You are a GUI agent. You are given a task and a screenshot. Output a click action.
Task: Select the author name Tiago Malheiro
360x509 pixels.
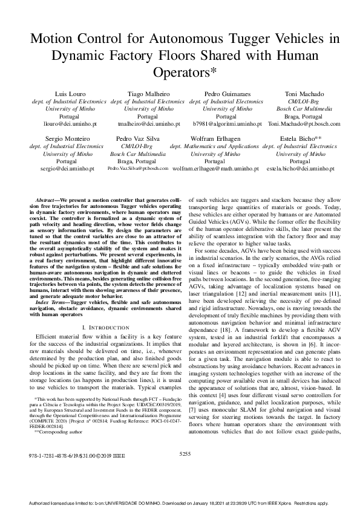tap(148, 94)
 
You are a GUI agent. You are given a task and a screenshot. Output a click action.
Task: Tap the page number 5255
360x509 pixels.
tap(186, 469)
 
